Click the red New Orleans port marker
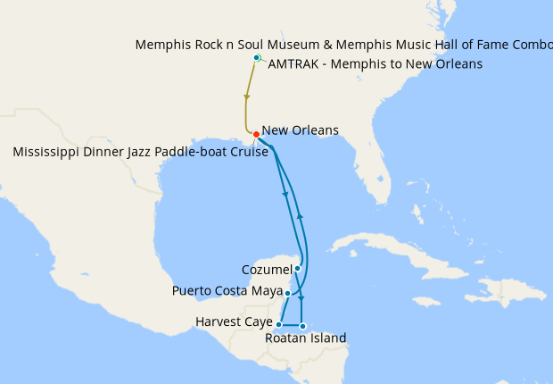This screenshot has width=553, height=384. tap(256, 135)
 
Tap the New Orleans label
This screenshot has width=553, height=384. tap(301, 130)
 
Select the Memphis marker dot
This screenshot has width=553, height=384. tap(257, 58)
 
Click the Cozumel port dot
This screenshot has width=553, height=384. tap(298, 268)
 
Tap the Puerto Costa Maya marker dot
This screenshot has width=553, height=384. tap(287, 292)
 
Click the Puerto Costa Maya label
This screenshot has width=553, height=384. tap(227, 291)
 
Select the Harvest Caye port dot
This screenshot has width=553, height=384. tap(279, 324)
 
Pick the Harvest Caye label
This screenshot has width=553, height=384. tap(233, 322)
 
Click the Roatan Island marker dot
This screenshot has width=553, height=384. tap(302, 326)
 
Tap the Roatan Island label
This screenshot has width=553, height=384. tap(306, 338)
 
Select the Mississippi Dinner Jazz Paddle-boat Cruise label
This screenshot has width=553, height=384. tap(141, 153)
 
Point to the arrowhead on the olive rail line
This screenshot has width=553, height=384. tap(246, 96)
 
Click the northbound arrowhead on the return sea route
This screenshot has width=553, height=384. tap(301, 215)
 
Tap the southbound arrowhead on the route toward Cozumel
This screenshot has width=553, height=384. tap(285, 194)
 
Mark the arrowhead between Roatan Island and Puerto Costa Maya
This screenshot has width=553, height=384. tap(301, 296)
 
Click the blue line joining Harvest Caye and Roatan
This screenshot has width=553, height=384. tap(291, 325)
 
